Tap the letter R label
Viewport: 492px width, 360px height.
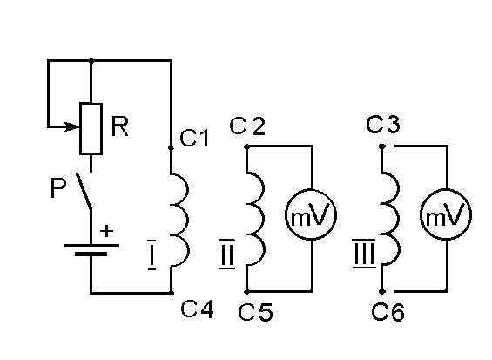tap(120, 126)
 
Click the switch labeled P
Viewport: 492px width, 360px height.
tap(84, 191)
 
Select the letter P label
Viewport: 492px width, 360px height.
tap(58, 188)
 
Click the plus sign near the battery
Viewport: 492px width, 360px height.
tap(107, 231)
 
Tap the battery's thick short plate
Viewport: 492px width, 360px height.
tap(91, 254)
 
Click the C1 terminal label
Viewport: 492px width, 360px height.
tap(194, 138)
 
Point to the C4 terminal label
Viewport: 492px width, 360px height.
tap(197, 309)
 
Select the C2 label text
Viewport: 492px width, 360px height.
tap(247, 126)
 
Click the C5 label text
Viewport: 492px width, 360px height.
tap(255, 312)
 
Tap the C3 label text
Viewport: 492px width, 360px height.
tap(383, 124)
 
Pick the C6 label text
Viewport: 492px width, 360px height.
tap(388, 312)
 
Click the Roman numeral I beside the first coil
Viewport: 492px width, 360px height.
tap(152, 255)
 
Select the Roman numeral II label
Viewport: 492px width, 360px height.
tap(227, 255)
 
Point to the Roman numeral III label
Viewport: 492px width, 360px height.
tap(364, 254)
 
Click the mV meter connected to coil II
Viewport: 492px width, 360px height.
tap(311, 215)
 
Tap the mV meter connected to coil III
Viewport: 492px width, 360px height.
tap(446, 215)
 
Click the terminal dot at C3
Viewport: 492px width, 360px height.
tap(382, 146)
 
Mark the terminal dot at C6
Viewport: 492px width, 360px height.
tap(382, 291)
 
